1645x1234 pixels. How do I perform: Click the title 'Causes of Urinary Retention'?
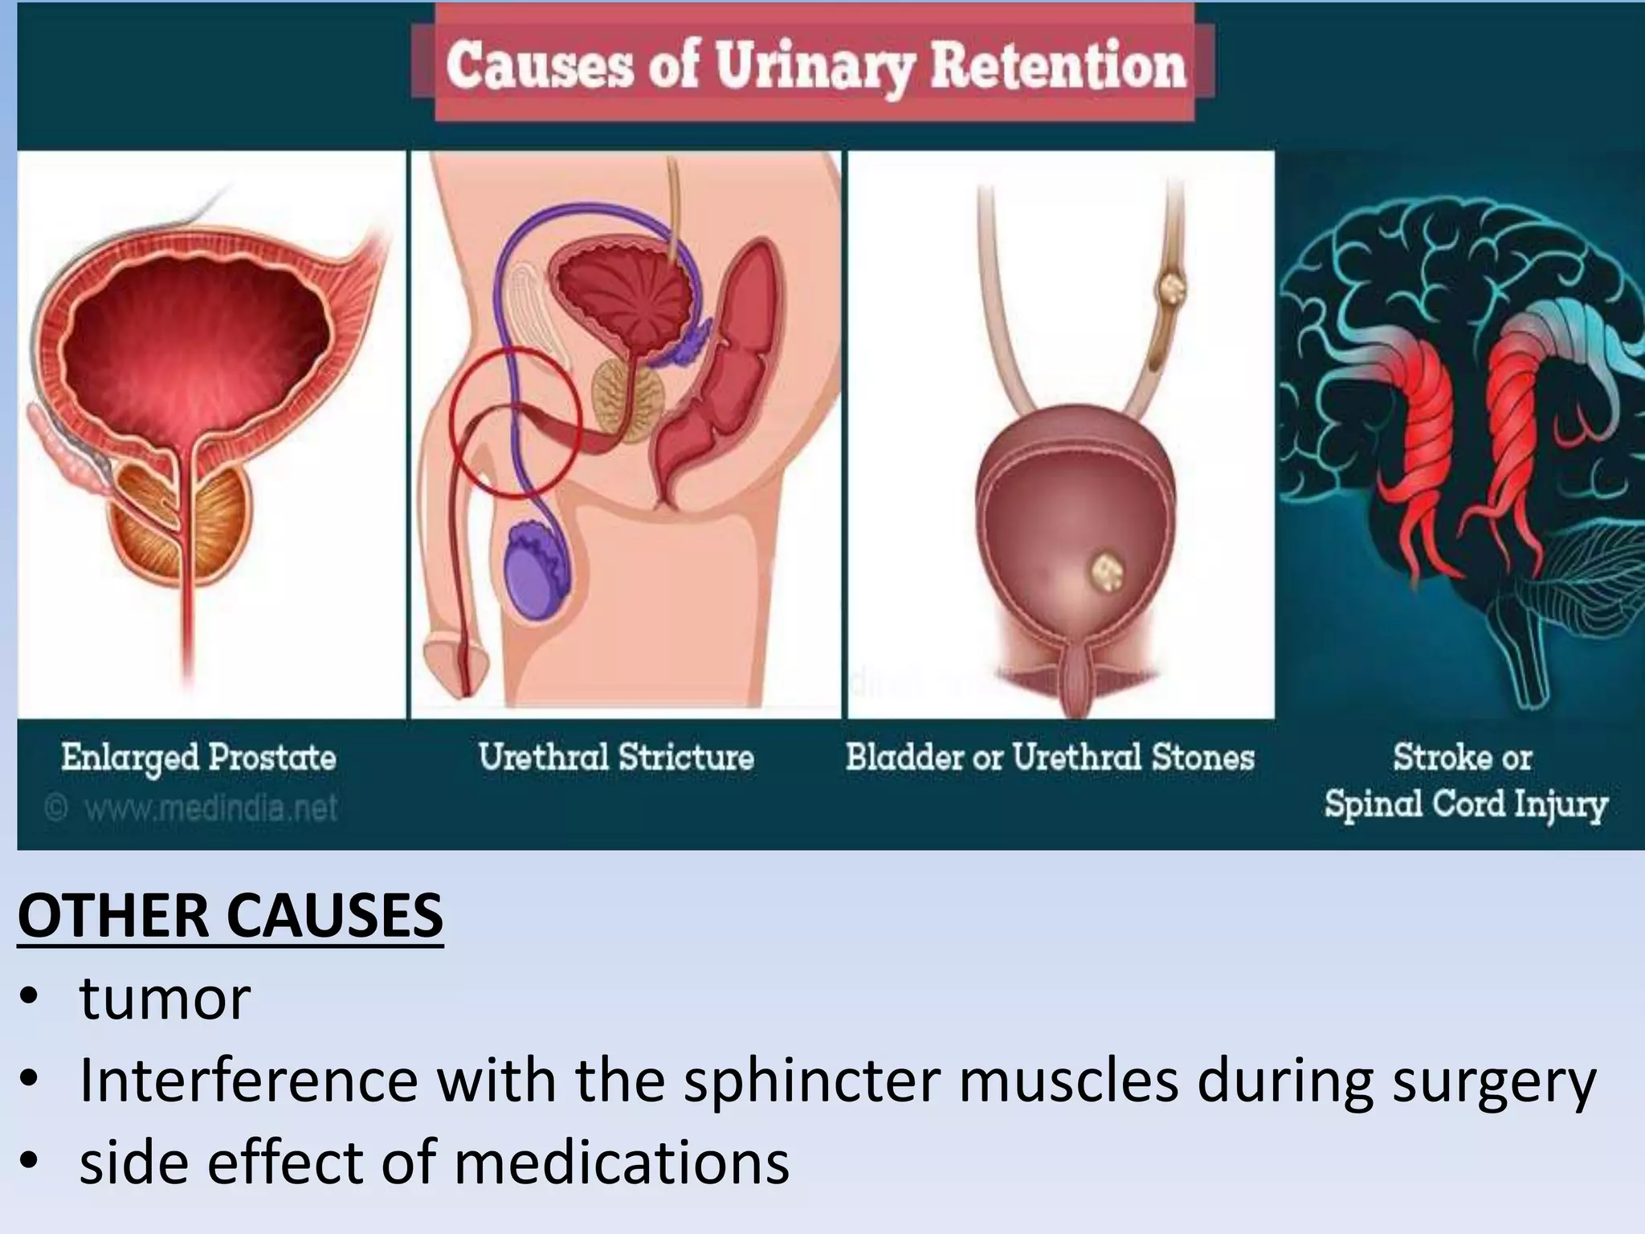click(814, 66)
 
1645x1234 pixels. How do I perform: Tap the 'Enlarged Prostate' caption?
click(198, 758)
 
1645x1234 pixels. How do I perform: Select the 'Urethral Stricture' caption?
click(616, 758)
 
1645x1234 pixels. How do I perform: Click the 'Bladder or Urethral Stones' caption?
click(1050, 758)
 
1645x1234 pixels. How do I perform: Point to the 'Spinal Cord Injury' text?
click(1466, 804)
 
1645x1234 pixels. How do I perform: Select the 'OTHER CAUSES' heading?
click(231, 916)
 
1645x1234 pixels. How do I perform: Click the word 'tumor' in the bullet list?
click(165, 999)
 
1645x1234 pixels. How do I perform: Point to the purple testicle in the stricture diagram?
click(537, 570)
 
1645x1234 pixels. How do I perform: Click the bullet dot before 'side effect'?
click(31, 1162)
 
